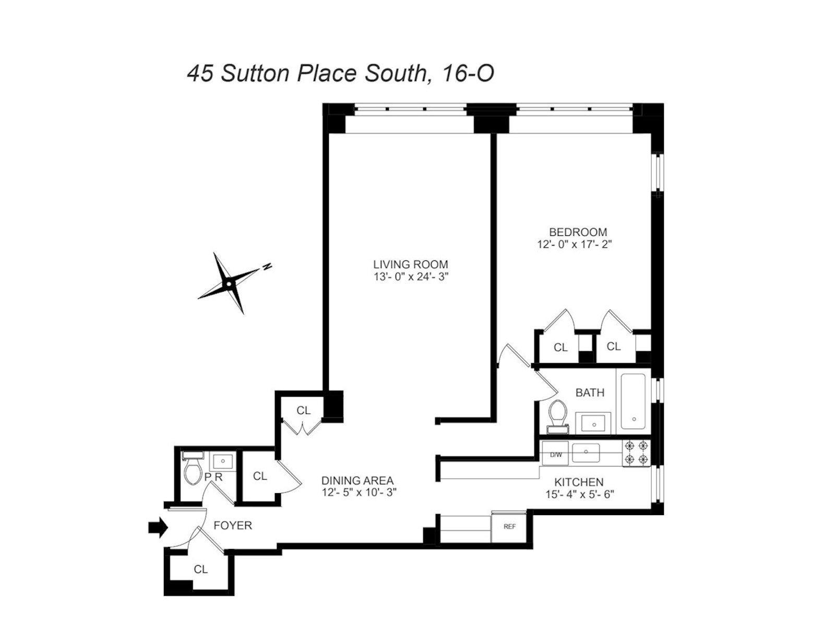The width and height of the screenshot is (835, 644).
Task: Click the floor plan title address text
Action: pos(340,74)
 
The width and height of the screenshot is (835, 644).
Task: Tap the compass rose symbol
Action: pos(229,283)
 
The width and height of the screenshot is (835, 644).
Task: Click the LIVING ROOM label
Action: pos(410,265)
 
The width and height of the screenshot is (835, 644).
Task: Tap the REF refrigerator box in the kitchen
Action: pos(509,527)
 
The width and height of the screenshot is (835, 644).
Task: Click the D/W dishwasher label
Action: pos(556,455)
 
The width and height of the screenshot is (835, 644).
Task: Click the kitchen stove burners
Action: pos(636,452)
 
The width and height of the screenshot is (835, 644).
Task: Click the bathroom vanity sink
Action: pos(593,422)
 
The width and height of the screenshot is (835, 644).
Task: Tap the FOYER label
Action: pos(233,526)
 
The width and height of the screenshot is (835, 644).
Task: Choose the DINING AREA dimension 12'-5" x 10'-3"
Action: pos(360,492)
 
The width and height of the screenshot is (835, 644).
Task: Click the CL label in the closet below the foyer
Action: pos(200,569)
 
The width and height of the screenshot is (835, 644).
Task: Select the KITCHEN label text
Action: pos(579,483)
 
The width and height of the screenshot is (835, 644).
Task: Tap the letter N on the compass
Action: pos(267,267)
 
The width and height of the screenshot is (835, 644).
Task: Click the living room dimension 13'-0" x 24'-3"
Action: pos(410,277)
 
